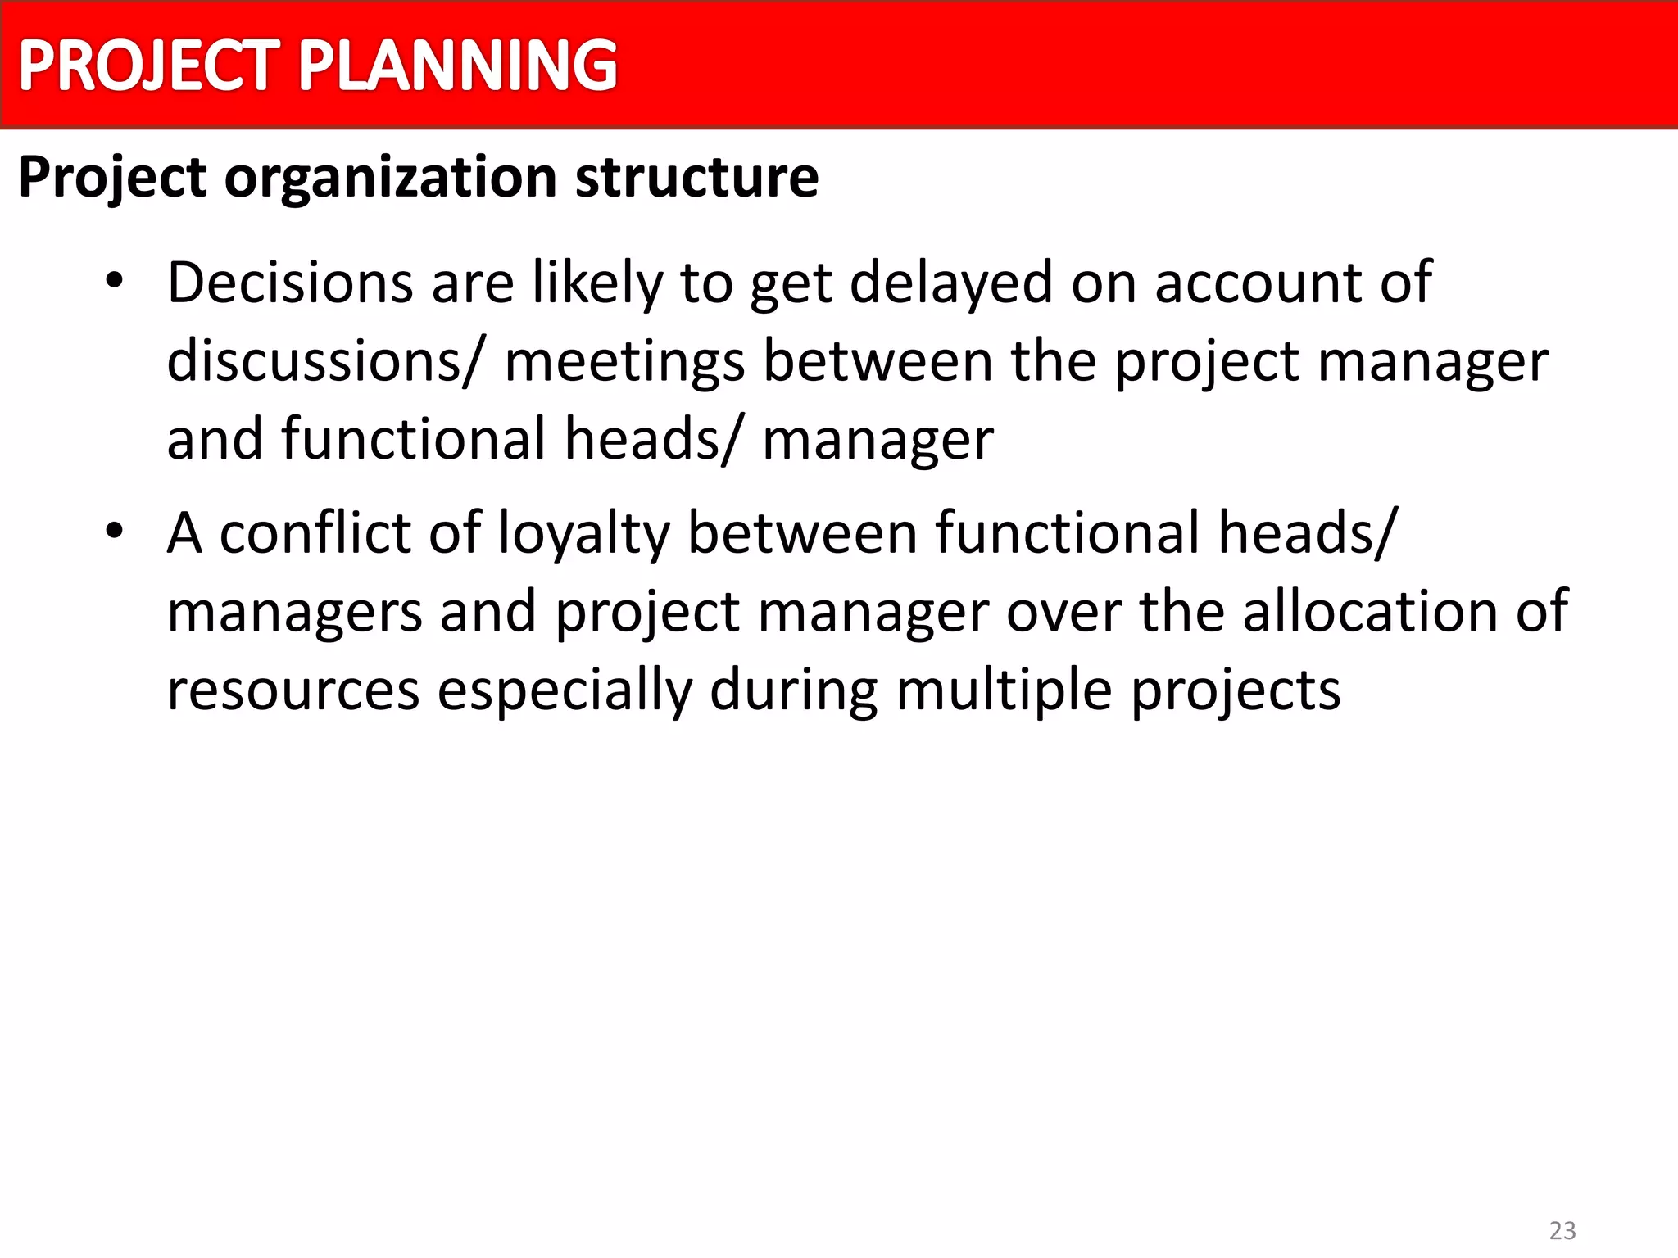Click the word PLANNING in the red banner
[457, 66]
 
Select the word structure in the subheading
[696, 178]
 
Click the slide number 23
[1562, 1230]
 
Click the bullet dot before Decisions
[114, 281]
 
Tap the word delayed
[950, 283]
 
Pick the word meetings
[624, 363]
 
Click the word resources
[293, 690]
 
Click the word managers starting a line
[294, 613]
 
